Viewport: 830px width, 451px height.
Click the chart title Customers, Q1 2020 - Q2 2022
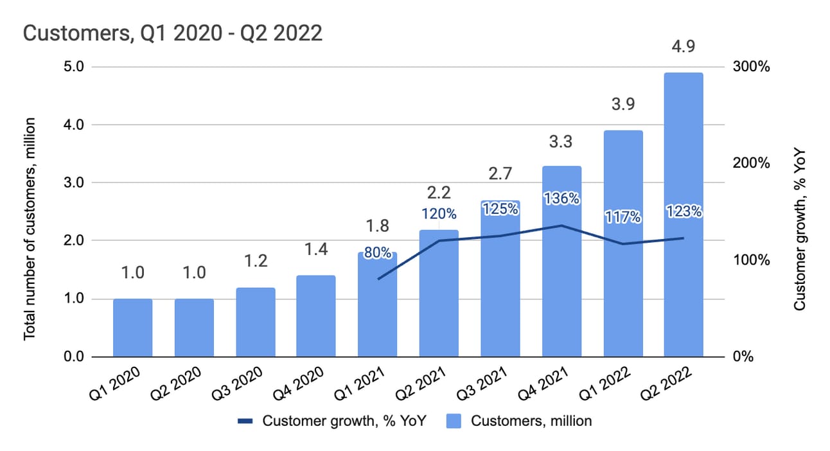point(172,33)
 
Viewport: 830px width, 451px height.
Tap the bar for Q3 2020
point(255,322)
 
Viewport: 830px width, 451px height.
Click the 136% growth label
point(561,199)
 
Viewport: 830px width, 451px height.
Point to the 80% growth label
point(377,252)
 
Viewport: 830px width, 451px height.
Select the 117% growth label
point(622,217)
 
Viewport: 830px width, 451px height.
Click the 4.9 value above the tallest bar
point(683,47)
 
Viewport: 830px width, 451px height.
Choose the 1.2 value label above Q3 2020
point(255,261)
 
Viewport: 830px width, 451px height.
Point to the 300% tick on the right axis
point(751,67)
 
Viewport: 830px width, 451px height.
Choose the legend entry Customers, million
point(531,421)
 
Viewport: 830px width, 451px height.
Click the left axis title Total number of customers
point(29,229)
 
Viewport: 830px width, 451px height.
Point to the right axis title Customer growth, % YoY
point(800,229)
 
